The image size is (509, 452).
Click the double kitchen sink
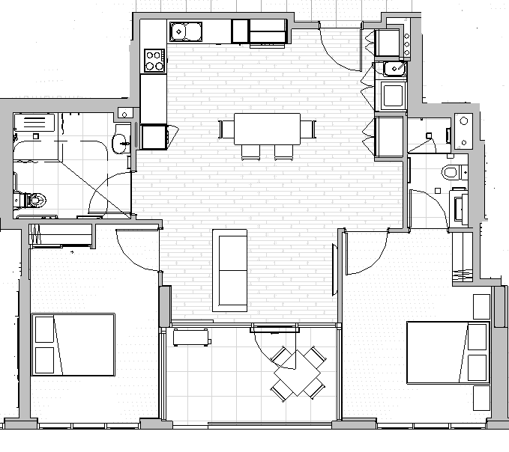point(185,31)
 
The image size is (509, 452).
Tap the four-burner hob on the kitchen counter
point(154,60)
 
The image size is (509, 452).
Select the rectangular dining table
point(267,129)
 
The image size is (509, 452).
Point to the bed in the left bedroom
point(73,345)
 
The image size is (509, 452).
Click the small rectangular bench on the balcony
point(191,337)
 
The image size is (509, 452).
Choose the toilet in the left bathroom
point(31,200)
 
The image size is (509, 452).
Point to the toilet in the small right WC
point(451,173)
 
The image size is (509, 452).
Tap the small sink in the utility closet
point(393,70)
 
